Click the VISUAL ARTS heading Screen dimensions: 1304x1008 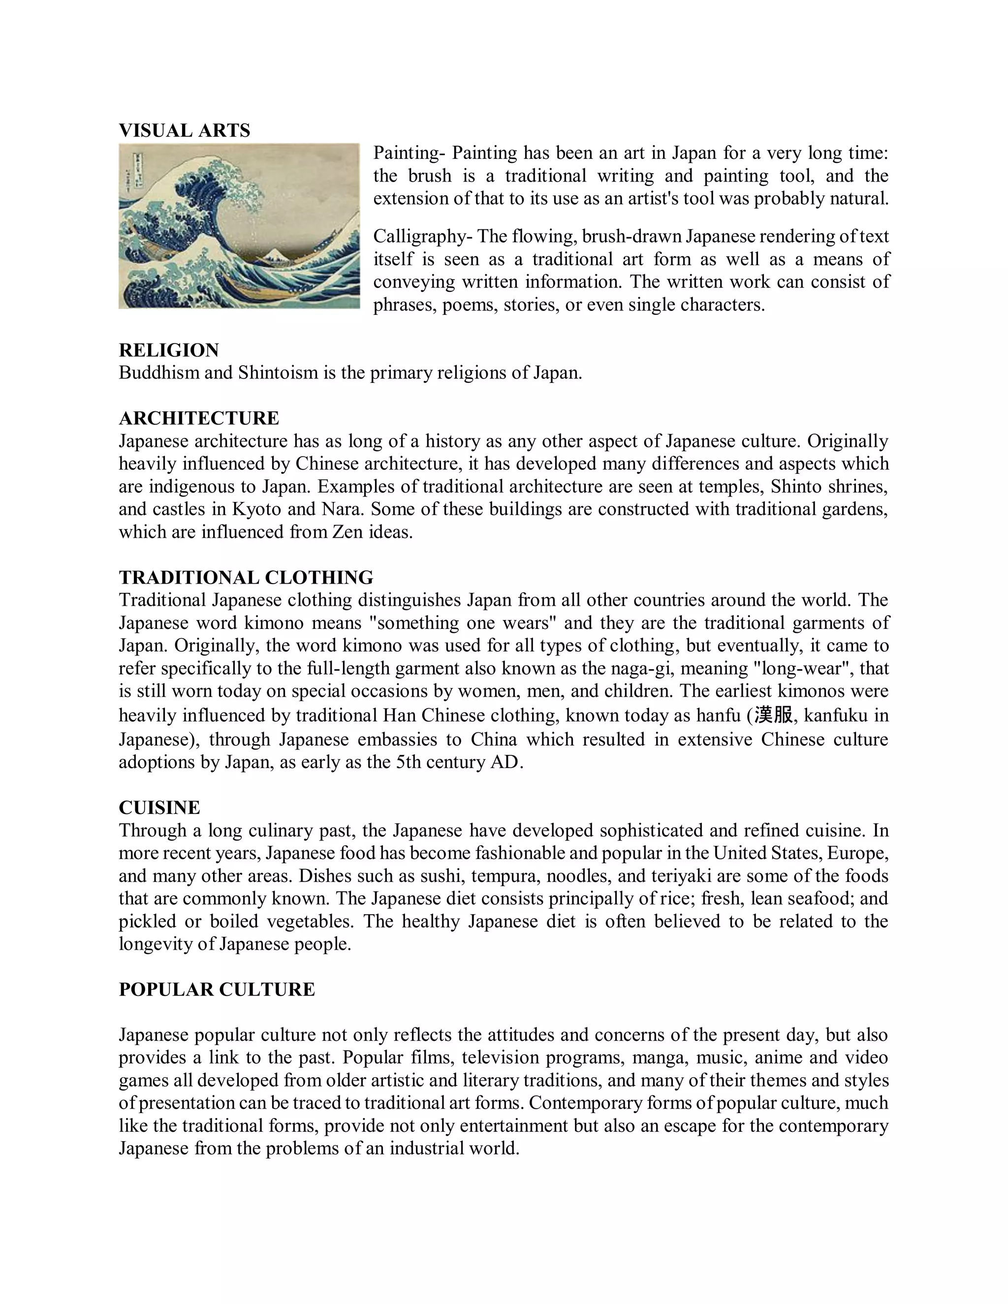point(185,130)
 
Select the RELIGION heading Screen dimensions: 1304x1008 point(169,350)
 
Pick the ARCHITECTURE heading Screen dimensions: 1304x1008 point(199,418)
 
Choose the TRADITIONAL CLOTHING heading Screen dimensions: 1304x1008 point(246,577)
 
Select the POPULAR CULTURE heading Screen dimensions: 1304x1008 point(217,990)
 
